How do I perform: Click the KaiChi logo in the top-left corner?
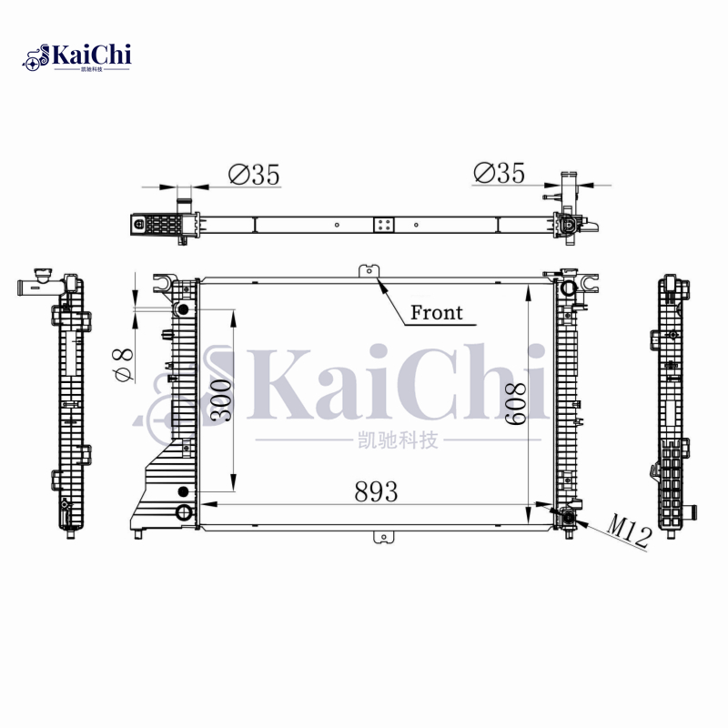(x=76, y=57)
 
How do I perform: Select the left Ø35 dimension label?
(x=254, y=174)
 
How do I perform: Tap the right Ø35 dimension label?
(x=500, y=172)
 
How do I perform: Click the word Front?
(x=436, y=313)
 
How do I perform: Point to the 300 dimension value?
(x=221, y=399)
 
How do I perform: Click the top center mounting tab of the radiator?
(x=370, y=271)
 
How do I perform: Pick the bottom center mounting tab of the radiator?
(x=382, y=536)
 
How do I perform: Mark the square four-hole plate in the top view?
(x=384, y=224)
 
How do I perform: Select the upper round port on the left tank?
(x=183, y=309)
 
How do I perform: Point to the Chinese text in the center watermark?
(x=393, y=441)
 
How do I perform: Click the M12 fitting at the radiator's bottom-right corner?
(x=569, y=519)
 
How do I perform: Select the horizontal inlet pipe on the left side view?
(x=33, y=288)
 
